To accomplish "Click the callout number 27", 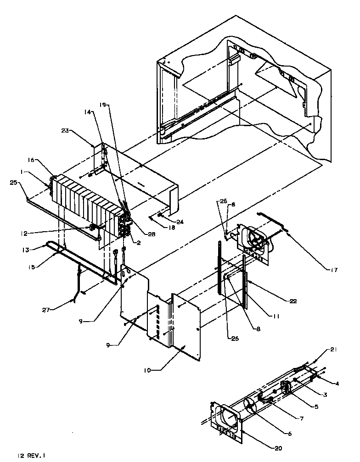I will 55,310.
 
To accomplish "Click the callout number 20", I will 278,448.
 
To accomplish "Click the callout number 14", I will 88,111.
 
